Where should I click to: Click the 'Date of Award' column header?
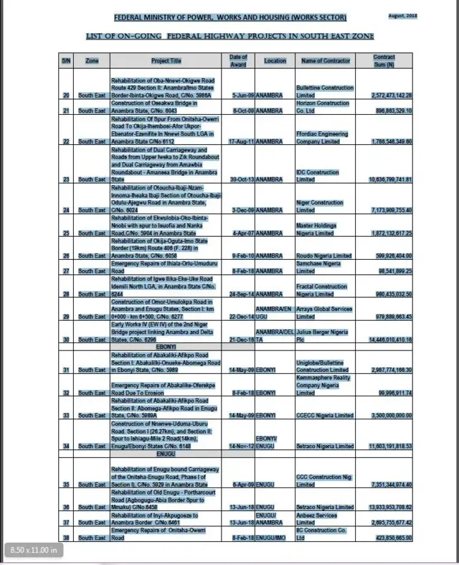[x=238, y=60]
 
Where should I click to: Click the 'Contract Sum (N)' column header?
[x=384, y=60]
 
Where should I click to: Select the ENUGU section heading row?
[x=166, y=454]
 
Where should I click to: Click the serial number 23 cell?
[x=66, y=179]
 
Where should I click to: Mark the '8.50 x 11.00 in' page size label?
[x=34, y=551]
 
